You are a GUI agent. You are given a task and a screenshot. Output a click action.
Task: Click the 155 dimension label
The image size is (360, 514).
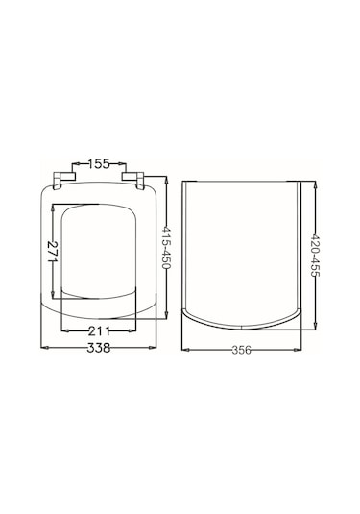[99, 163]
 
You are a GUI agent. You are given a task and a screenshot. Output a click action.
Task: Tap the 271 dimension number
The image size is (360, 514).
[53, 252]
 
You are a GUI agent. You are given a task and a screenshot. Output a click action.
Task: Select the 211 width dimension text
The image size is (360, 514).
[99, 331]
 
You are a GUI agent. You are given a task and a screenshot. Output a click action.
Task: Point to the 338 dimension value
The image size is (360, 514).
[99, 348]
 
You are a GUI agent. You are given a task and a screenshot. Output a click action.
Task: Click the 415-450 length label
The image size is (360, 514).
[167, 247]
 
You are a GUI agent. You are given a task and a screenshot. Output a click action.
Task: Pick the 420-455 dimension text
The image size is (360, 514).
[315, 256]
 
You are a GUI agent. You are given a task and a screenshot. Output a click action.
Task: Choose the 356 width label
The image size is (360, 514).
[241, 350]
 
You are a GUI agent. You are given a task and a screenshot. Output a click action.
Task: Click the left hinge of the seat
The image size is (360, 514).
[64, 180]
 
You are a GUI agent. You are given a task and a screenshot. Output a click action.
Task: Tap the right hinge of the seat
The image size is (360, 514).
[133, 180]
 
